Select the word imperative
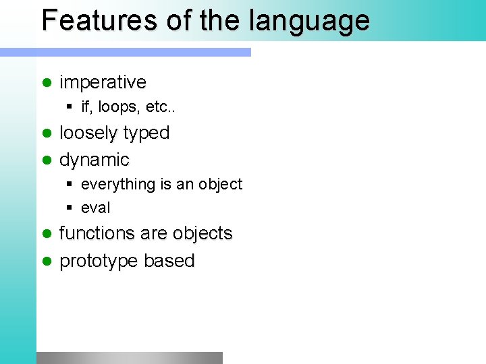pos(103,82)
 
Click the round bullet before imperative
pos(47,82)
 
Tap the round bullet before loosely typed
pos(47,133)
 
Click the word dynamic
pos(94,160)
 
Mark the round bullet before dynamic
pos(47,160)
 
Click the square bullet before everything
pos(70,184)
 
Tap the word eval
pos(95,208)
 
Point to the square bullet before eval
pos(70,208)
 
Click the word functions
pos(97,234)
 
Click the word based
pos(169,261)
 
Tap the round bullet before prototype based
pos(47,261)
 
